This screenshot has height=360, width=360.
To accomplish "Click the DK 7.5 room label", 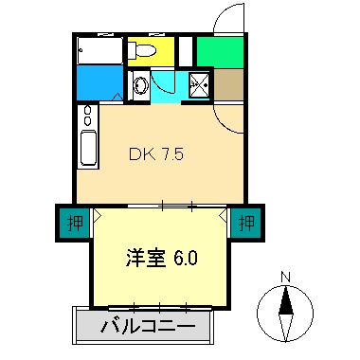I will (156, 153).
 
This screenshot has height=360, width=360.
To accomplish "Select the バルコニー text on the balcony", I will (148, 328).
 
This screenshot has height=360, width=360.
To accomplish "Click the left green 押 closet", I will (73, 224).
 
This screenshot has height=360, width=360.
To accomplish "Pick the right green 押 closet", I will (246, 224).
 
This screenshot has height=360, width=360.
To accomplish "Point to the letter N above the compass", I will (285, 277).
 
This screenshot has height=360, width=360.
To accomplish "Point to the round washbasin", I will (139, 85).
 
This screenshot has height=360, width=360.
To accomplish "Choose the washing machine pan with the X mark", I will (199, 84).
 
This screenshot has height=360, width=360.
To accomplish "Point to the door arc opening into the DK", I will (227, 117).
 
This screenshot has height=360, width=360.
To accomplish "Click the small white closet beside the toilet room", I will (185, 49).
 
